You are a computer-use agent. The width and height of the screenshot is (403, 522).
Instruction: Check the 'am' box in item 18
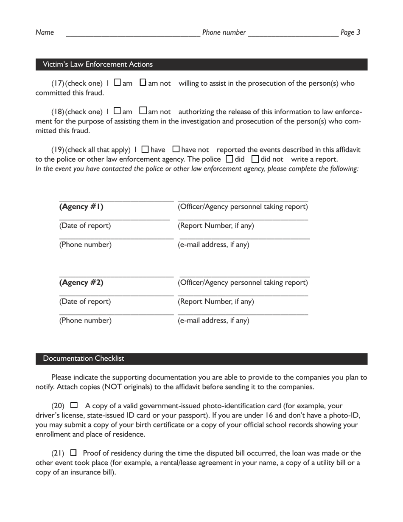point(118,111)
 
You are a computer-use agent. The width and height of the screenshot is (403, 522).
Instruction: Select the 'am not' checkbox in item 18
point(143,111)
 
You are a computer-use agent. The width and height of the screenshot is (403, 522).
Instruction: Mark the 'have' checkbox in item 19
point(145,149)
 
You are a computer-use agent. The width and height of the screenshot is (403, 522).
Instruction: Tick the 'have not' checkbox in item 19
point(176,149)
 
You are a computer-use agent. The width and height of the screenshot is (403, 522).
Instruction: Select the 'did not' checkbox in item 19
point(255,160)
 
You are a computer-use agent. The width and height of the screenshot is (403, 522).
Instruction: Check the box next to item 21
point(73,453)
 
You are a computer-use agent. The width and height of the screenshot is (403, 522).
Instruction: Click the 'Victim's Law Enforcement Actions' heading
point(98,65)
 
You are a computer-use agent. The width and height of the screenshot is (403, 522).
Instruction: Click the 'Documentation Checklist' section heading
point(84,359)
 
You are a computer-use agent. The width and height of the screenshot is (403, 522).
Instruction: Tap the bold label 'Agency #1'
point(81,207)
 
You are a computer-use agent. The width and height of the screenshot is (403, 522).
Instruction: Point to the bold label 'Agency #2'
point(81,283)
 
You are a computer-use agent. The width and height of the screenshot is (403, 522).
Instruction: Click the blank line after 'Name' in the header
point(133,34)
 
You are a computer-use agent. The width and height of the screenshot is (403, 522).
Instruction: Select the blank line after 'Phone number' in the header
point(293,34)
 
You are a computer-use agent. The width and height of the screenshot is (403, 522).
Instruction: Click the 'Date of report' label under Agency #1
point(85,226)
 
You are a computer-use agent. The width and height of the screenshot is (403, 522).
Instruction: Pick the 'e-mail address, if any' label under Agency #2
point(213,320)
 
